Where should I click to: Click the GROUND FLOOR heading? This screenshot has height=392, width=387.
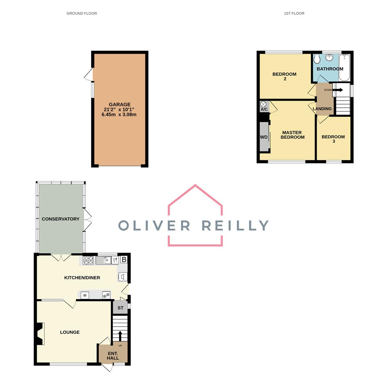82,13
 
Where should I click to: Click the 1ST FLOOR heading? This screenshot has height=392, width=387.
294,13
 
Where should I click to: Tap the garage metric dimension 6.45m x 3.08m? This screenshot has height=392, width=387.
119,115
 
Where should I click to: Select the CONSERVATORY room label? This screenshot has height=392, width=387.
61,219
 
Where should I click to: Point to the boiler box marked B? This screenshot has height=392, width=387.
124,260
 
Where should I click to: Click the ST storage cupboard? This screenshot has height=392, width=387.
120,308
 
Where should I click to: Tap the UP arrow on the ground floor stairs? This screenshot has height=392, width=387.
120,336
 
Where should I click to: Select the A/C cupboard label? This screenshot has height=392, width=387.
264,109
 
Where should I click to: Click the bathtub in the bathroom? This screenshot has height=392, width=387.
344,68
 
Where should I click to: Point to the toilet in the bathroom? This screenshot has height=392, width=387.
317,59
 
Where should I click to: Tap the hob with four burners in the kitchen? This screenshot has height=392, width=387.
88,260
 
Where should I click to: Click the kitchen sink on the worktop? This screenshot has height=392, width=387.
103,260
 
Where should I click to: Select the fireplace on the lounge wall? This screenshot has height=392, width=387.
40,334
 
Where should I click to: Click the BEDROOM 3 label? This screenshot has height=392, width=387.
333,139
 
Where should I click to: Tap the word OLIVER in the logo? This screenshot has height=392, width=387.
154,225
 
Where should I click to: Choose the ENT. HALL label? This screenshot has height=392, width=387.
113,356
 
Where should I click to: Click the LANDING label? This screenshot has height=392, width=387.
322,109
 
